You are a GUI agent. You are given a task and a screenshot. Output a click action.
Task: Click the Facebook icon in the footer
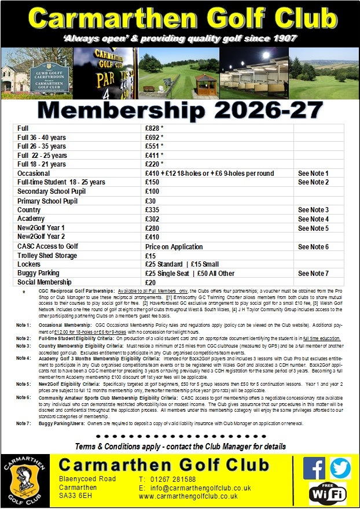coord(314,468)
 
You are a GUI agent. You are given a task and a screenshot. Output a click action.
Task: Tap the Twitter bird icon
coord(340,468)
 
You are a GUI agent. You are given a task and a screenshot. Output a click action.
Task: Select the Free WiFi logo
coord(328,492)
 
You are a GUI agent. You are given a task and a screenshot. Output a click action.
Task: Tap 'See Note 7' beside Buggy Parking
coord(313,273)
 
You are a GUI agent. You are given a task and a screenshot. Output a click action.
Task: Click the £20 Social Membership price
coord(150,282)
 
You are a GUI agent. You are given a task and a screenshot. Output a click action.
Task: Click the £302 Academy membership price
coord(152,219)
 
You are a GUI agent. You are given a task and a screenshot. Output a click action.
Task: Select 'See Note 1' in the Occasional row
coord(313,173)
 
